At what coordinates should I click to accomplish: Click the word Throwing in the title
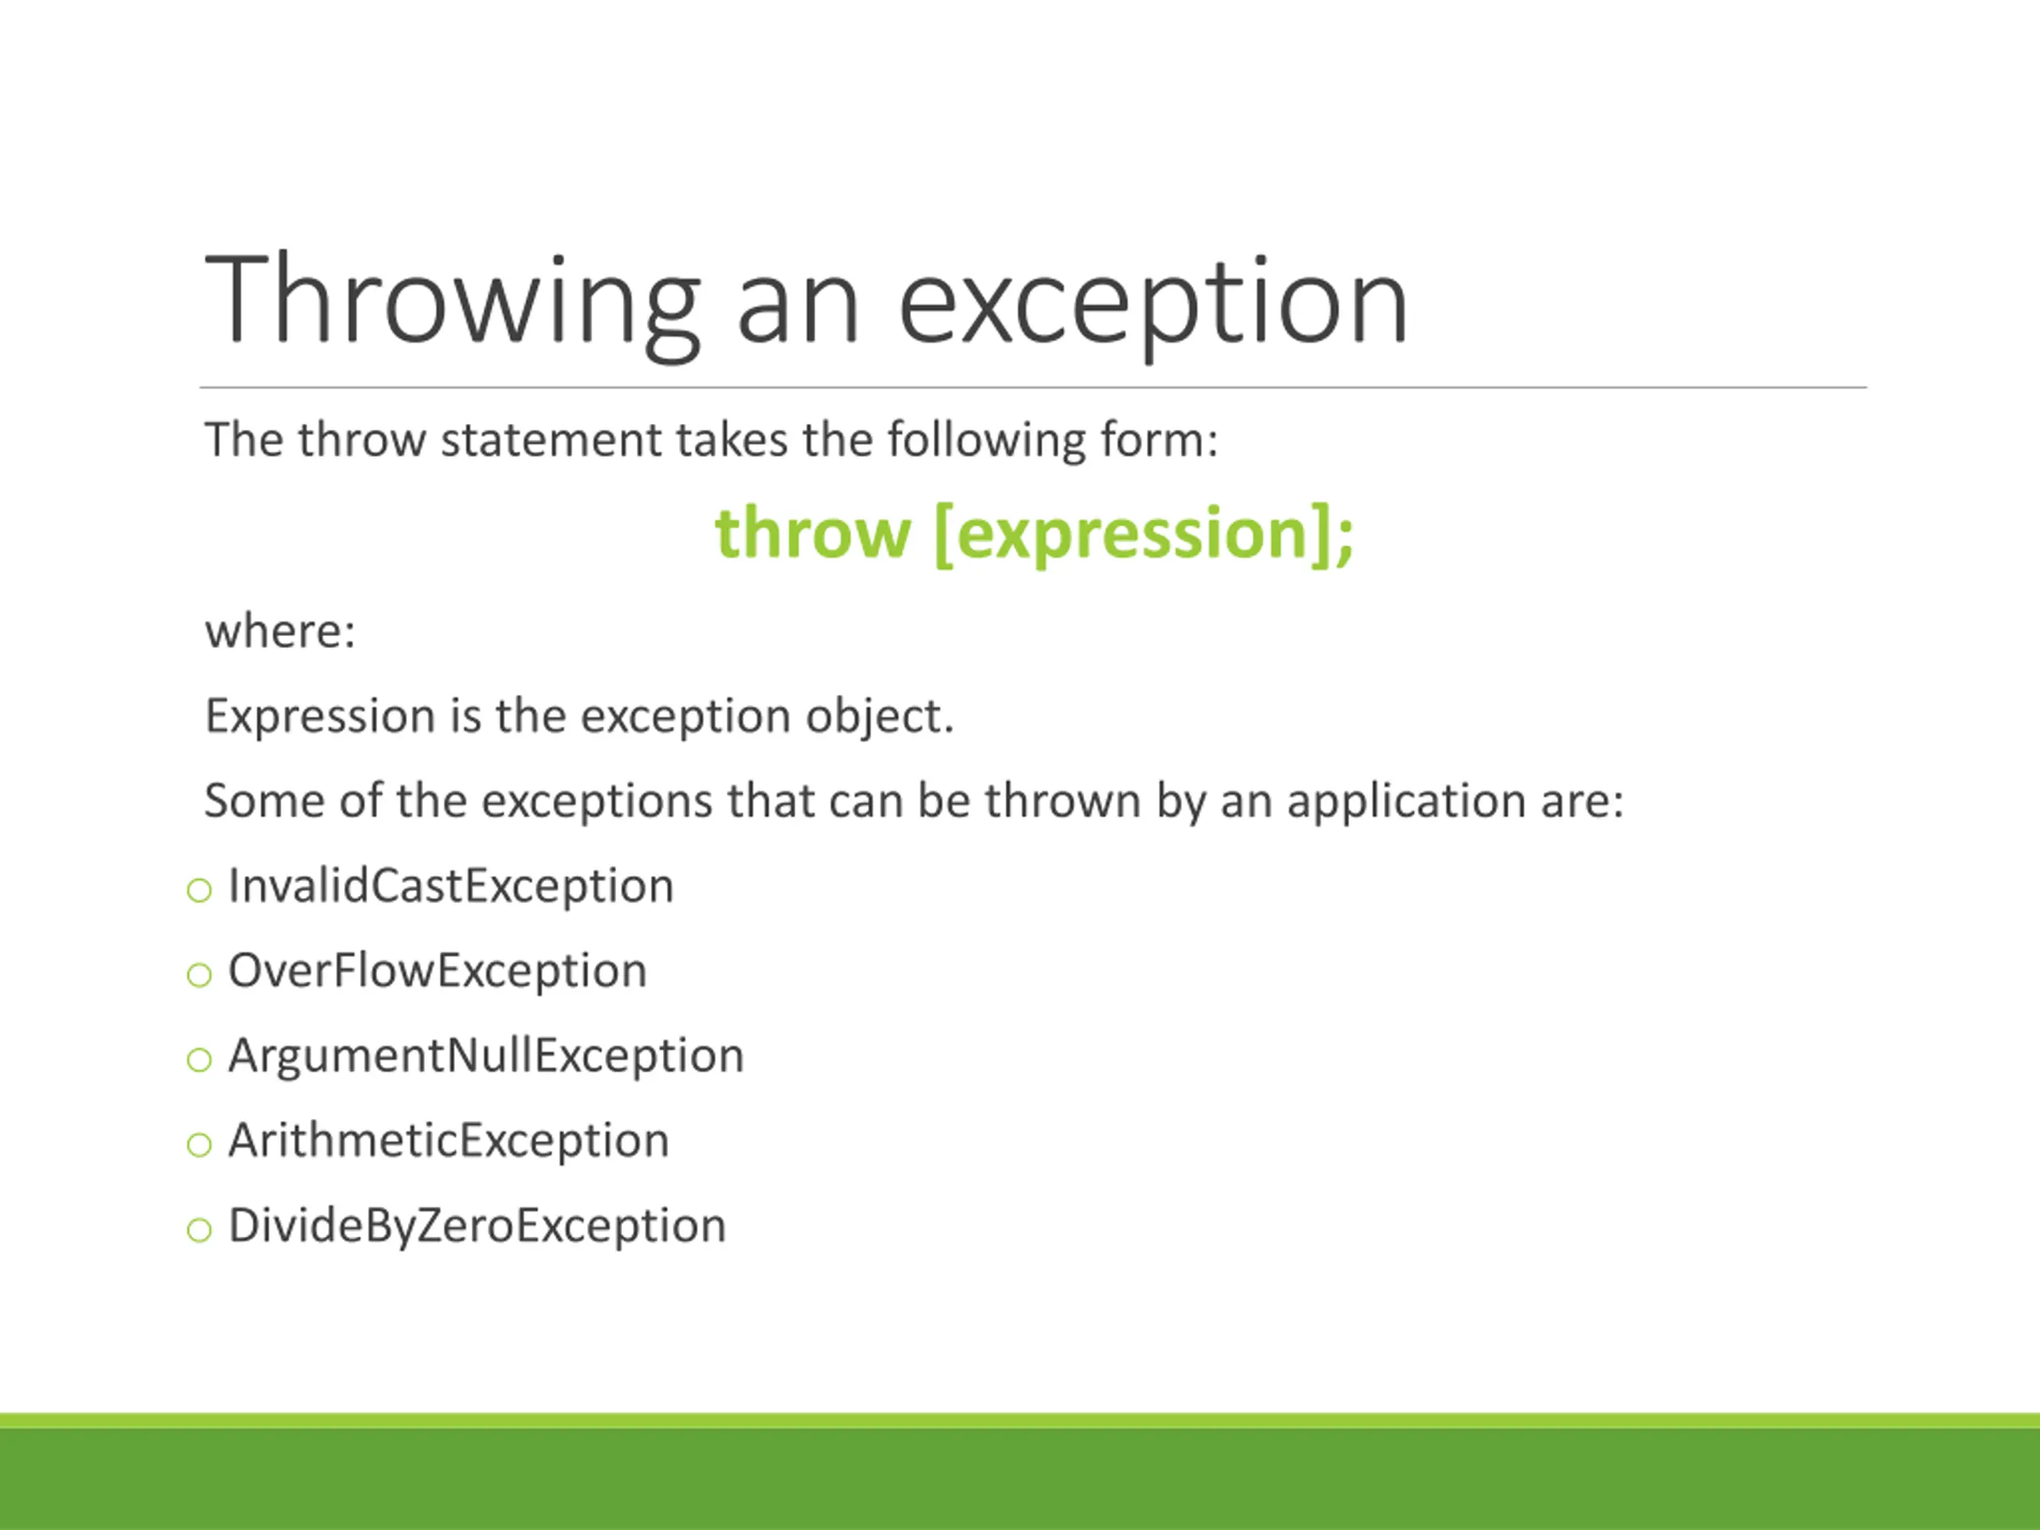[x=453, y=304]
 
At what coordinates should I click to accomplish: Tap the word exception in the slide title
[x=1153, y=304]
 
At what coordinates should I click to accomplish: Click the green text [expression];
[x=1144, y=535]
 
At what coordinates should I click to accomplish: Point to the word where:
[x=280, y=632]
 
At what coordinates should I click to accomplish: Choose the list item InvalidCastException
[x=451, y=886]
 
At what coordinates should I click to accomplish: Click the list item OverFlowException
[x=437, y=971]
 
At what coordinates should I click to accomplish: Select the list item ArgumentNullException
[x=486, y=1056]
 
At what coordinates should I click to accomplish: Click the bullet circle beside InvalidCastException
[x=199, y=891]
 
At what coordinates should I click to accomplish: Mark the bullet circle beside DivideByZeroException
[x=199, y=1230]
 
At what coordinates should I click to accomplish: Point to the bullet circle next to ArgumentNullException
[x=199, y=1061]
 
